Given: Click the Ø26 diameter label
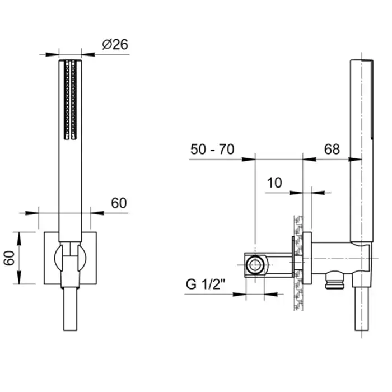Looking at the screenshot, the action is (115, 44).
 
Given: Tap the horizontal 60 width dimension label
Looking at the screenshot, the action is (119, 203).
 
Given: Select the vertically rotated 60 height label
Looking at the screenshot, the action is (10, 258).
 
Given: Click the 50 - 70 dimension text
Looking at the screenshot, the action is (212, 150).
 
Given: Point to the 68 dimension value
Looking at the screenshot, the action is (332, 150).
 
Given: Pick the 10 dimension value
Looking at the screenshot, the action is (274, 183).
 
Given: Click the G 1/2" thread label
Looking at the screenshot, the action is (206, 284).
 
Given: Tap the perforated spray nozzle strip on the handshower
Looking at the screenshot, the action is (70, 100).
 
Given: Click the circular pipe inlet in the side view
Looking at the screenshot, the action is (255, 265).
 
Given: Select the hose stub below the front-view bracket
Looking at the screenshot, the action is (70, 309).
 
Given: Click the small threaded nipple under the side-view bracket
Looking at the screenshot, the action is (334, 280).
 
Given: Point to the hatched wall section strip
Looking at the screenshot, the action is (298, 263).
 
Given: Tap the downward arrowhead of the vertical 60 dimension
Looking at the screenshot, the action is (19, 277).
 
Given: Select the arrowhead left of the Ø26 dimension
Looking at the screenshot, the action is (52, 54).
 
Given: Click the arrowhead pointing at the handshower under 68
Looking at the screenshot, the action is (355, 159).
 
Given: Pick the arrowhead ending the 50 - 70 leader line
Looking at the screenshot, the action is (248, 159).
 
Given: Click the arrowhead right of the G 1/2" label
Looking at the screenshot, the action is (270, 294).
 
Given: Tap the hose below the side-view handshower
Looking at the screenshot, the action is (362, 309).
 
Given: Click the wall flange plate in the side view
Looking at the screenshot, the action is (307, 258).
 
